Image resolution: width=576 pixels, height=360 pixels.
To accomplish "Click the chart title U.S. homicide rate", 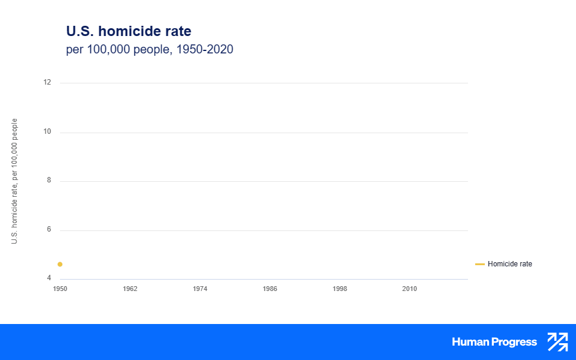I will (x=128, y=31).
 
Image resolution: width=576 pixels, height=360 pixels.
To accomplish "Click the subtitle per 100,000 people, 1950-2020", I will (x=149, y=50).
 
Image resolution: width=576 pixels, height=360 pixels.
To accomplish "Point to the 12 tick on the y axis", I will (x=47, y=83).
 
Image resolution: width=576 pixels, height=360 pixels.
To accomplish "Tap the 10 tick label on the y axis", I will (x=47, y=132).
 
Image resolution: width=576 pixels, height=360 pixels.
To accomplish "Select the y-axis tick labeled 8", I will (x=49, y=181).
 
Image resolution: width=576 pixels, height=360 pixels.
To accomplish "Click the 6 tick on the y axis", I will (x=49, y=230).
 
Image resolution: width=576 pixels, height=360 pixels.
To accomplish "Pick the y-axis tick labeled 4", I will (x=49, y=278).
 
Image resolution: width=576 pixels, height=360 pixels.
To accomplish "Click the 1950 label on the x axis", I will (x=60, y=289).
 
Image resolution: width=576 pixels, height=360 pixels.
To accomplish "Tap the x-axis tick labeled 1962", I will (x=130, y=289).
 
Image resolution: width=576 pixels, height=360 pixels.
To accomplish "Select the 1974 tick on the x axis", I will (x=200, y=289).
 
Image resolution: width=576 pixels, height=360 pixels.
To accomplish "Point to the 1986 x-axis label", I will (x=270, y=289).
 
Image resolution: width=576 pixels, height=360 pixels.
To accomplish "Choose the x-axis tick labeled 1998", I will (x=340, y=289).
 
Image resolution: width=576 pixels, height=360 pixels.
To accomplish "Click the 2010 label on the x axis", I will (x=409, y=289).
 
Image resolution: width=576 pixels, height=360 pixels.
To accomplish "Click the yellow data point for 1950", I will (x=60, y=265).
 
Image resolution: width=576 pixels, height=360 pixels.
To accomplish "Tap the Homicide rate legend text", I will (x=510, y=264).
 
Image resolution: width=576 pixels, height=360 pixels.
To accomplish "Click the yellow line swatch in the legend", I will (x=480, y=264).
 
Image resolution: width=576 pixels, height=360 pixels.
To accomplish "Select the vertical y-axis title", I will (x=14, y=181).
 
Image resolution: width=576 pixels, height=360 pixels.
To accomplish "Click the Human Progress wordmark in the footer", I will (x=494, y=342).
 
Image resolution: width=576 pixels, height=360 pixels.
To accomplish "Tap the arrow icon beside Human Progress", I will (x=557, y=342).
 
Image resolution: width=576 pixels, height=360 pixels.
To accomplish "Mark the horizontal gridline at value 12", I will (x=264, y=83).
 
